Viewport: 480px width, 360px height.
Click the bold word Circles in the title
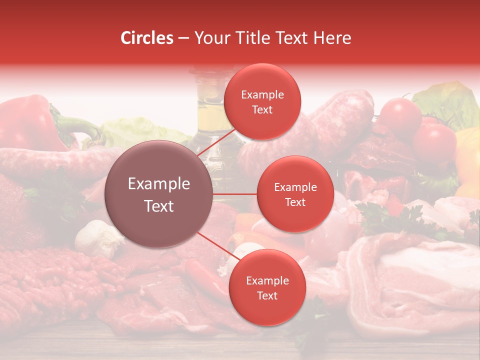pyautogui.click(x=147, y=38)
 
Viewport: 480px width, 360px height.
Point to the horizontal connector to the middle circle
pyautogui.click(x=235, y=194)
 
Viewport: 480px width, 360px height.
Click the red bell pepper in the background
pyautogui.click(x=27, y=122)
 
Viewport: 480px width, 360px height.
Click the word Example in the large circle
pyautogui.click(x=158, y=184)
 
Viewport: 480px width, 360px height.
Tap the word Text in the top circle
pyautogui.click(x=262, y=110)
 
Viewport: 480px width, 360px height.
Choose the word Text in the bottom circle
pyautogui.click(x=267, y=296)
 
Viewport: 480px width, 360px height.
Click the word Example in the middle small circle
pyautogui.click(x=295, y=187)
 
